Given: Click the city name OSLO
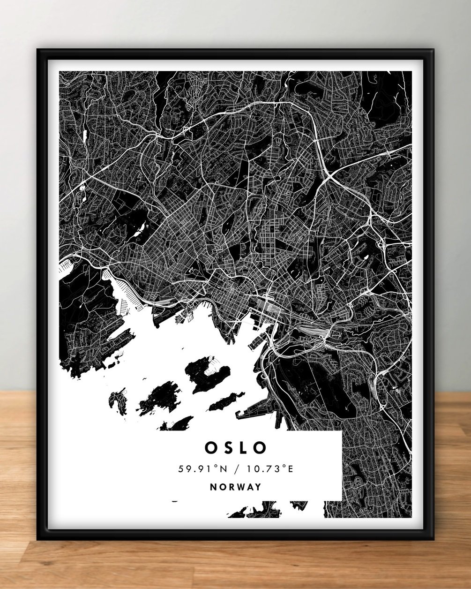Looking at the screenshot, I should (236, 447).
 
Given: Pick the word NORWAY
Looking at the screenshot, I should (236, 487).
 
